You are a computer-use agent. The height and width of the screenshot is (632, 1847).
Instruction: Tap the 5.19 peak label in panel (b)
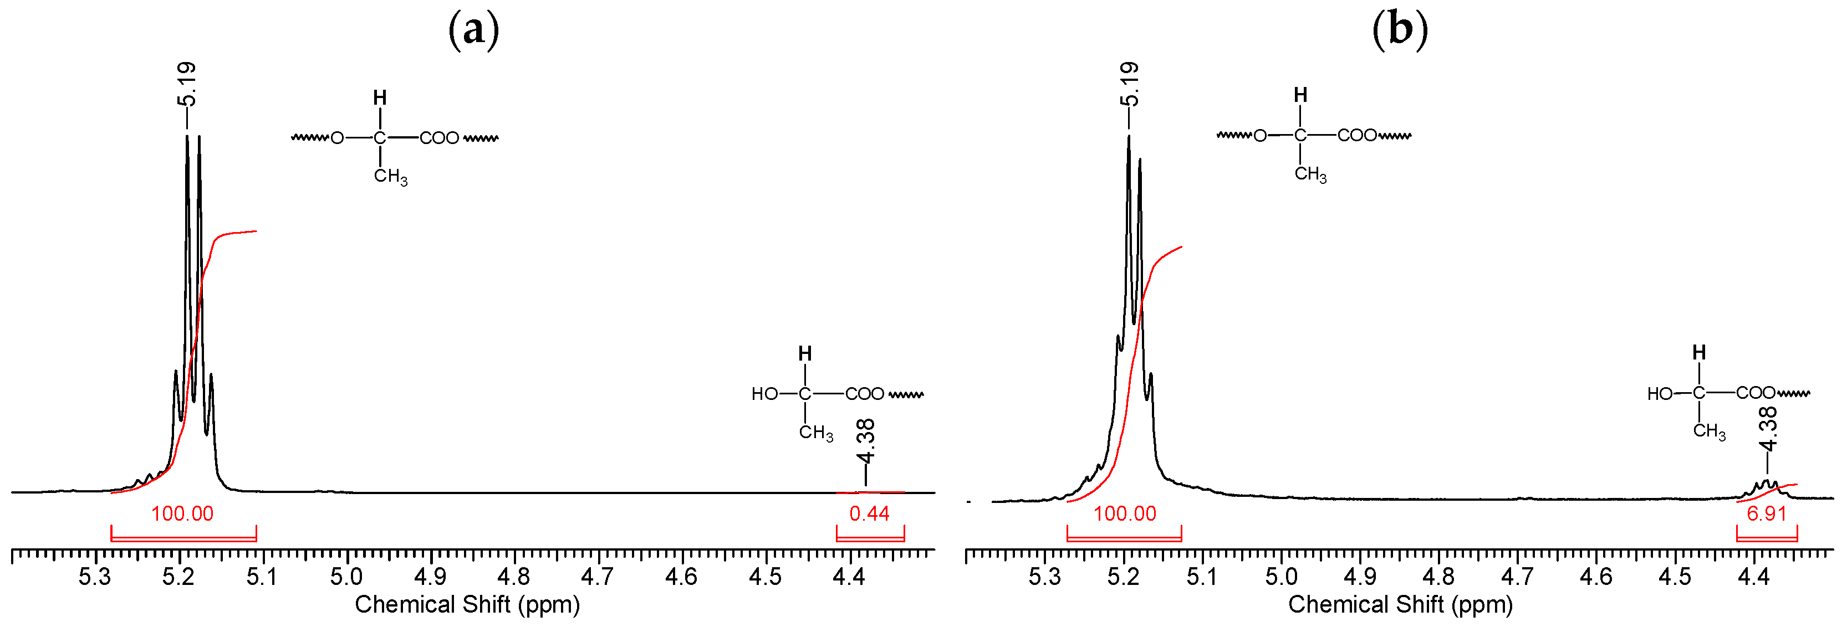1129,83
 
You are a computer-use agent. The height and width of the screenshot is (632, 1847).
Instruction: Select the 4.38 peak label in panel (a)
866,443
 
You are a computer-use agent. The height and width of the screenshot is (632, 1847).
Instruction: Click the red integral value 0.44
869,514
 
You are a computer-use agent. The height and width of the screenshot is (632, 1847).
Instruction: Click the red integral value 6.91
1767,514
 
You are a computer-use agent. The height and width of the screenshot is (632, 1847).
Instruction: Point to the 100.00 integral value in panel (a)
182,514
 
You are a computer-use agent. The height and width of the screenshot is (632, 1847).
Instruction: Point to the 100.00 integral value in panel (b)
1125,514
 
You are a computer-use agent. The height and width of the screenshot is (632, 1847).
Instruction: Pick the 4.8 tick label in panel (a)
514,577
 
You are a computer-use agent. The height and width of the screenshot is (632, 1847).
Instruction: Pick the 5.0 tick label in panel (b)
1281,577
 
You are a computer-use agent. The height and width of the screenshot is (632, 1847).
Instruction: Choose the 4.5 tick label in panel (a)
765,577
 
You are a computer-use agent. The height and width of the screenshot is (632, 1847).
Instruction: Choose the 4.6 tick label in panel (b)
1596,577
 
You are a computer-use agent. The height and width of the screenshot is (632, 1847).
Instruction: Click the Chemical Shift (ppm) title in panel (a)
467,605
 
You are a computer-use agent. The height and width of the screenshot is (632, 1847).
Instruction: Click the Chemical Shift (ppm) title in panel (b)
1400,605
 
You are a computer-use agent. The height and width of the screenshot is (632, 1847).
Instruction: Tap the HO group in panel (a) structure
764,394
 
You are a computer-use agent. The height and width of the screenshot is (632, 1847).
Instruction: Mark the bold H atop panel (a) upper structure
380,97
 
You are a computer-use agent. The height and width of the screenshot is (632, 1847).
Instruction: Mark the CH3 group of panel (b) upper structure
1310,174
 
